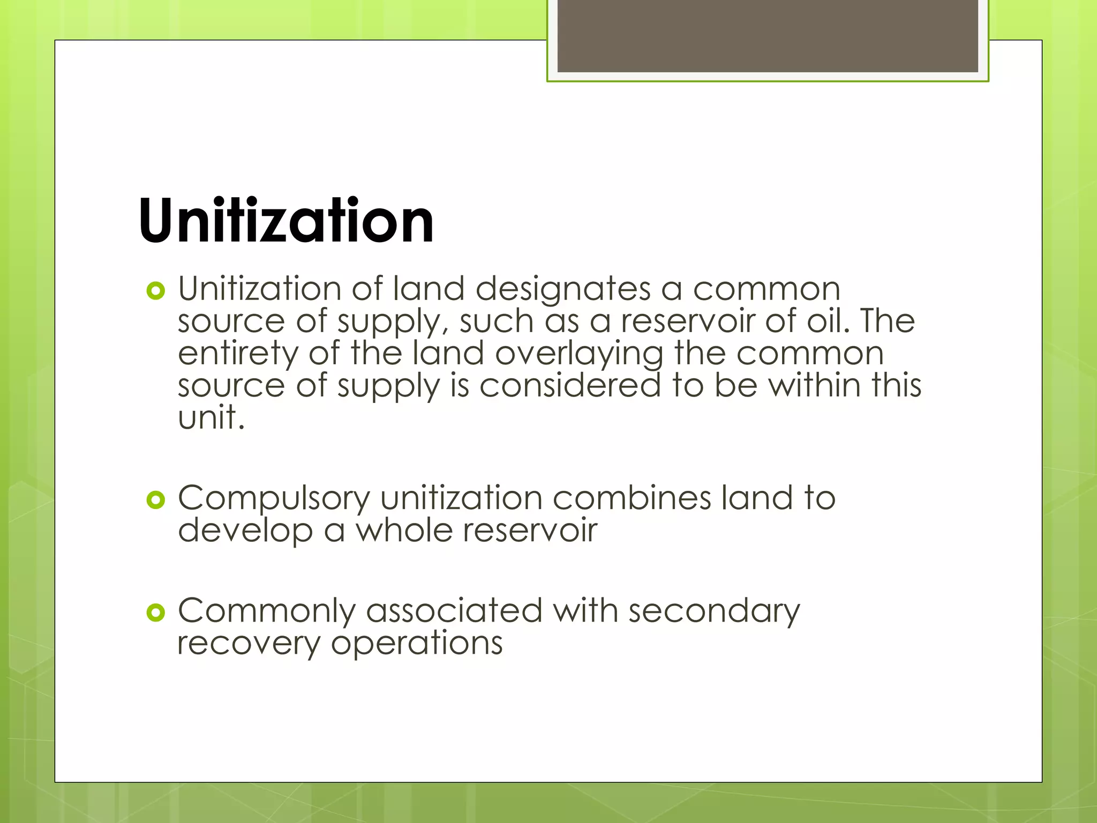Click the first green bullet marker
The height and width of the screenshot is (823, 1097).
(x=155, y=291)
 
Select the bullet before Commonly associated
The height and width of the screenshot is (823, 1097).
(x=155, y=613)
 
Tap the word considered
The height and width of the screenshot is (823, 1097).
(x=570, y=385)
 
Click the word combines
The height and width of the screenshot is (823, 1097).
(x=632, y=498)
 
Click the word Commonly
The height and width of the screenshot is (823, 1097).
(x=266, y=612)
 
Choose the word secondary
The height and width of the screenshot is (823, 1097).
(x=714, y=612)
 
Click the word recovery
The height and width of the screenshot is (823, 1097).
(x=249, y=644)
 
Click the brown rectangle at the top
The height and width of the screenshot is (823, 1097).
(x=768, y=36)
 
